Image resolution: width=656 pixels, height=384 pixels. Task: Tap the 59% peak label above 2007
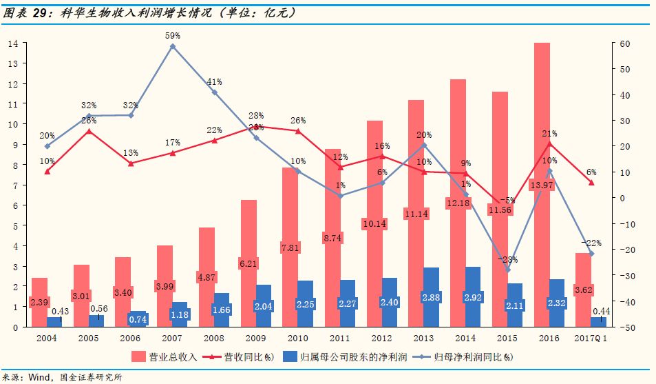click(172, 35)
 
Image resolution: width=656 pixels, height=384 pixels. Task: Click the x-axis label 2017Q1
click(590, 338)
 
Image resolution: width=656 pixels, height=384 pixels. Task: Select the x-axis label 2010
click(297, 338)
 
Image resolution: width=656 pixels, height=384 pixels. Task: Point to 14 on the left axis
click(12, 43)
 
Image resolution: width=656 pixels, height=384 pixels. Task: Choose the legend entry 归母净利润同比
click(474, 356)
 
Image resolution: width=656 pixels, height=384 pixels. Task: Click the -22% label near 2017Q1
click(591, 243)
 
